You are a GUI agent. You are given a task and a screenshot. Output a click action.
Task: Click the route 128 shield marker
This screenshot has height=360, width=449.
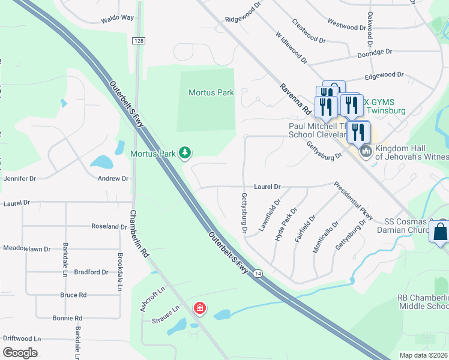tap(139, 40)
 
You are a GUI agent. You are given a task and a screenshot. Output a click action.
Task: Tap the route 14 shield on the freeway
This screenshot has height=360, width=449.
tap(258, 274)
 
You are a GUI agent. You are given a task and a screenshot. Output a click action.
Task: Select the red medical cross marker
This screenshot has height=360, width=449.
tap(199, 309)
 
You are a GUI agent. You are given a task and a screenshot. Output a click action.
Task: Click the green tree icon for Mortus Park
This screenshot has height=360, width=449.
tap(185, 154)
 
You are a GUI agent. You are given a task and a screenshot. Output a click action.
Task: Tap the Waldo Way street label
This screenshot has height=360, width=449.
tap(117, 18)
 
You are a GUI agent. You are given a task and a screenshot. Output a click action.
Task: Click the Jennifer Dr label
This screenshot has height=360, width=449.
tap(20, 178)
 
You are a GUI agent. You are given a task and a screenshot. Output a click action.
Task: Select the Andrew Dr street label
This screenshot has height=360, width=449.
tap(113, 178)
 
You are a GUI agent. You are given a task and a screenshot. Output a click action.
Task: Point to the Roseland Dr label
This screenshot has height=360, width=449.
tap(109, 226)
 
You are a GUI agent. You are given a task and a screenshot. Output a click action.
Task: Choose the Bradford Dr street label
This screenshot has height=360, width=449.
tap(91, 272)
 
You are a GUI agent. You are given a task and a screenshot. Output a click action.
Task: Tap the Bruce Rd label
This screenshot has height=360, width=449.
tap(73, 295)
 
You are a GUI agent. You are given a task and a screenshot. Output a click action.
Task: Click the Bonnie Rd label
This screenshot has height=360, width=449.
tap(67, 318)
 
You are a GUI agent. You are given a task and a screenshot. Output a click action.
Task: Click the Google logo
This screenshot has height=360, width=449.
tap(20, 352)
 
